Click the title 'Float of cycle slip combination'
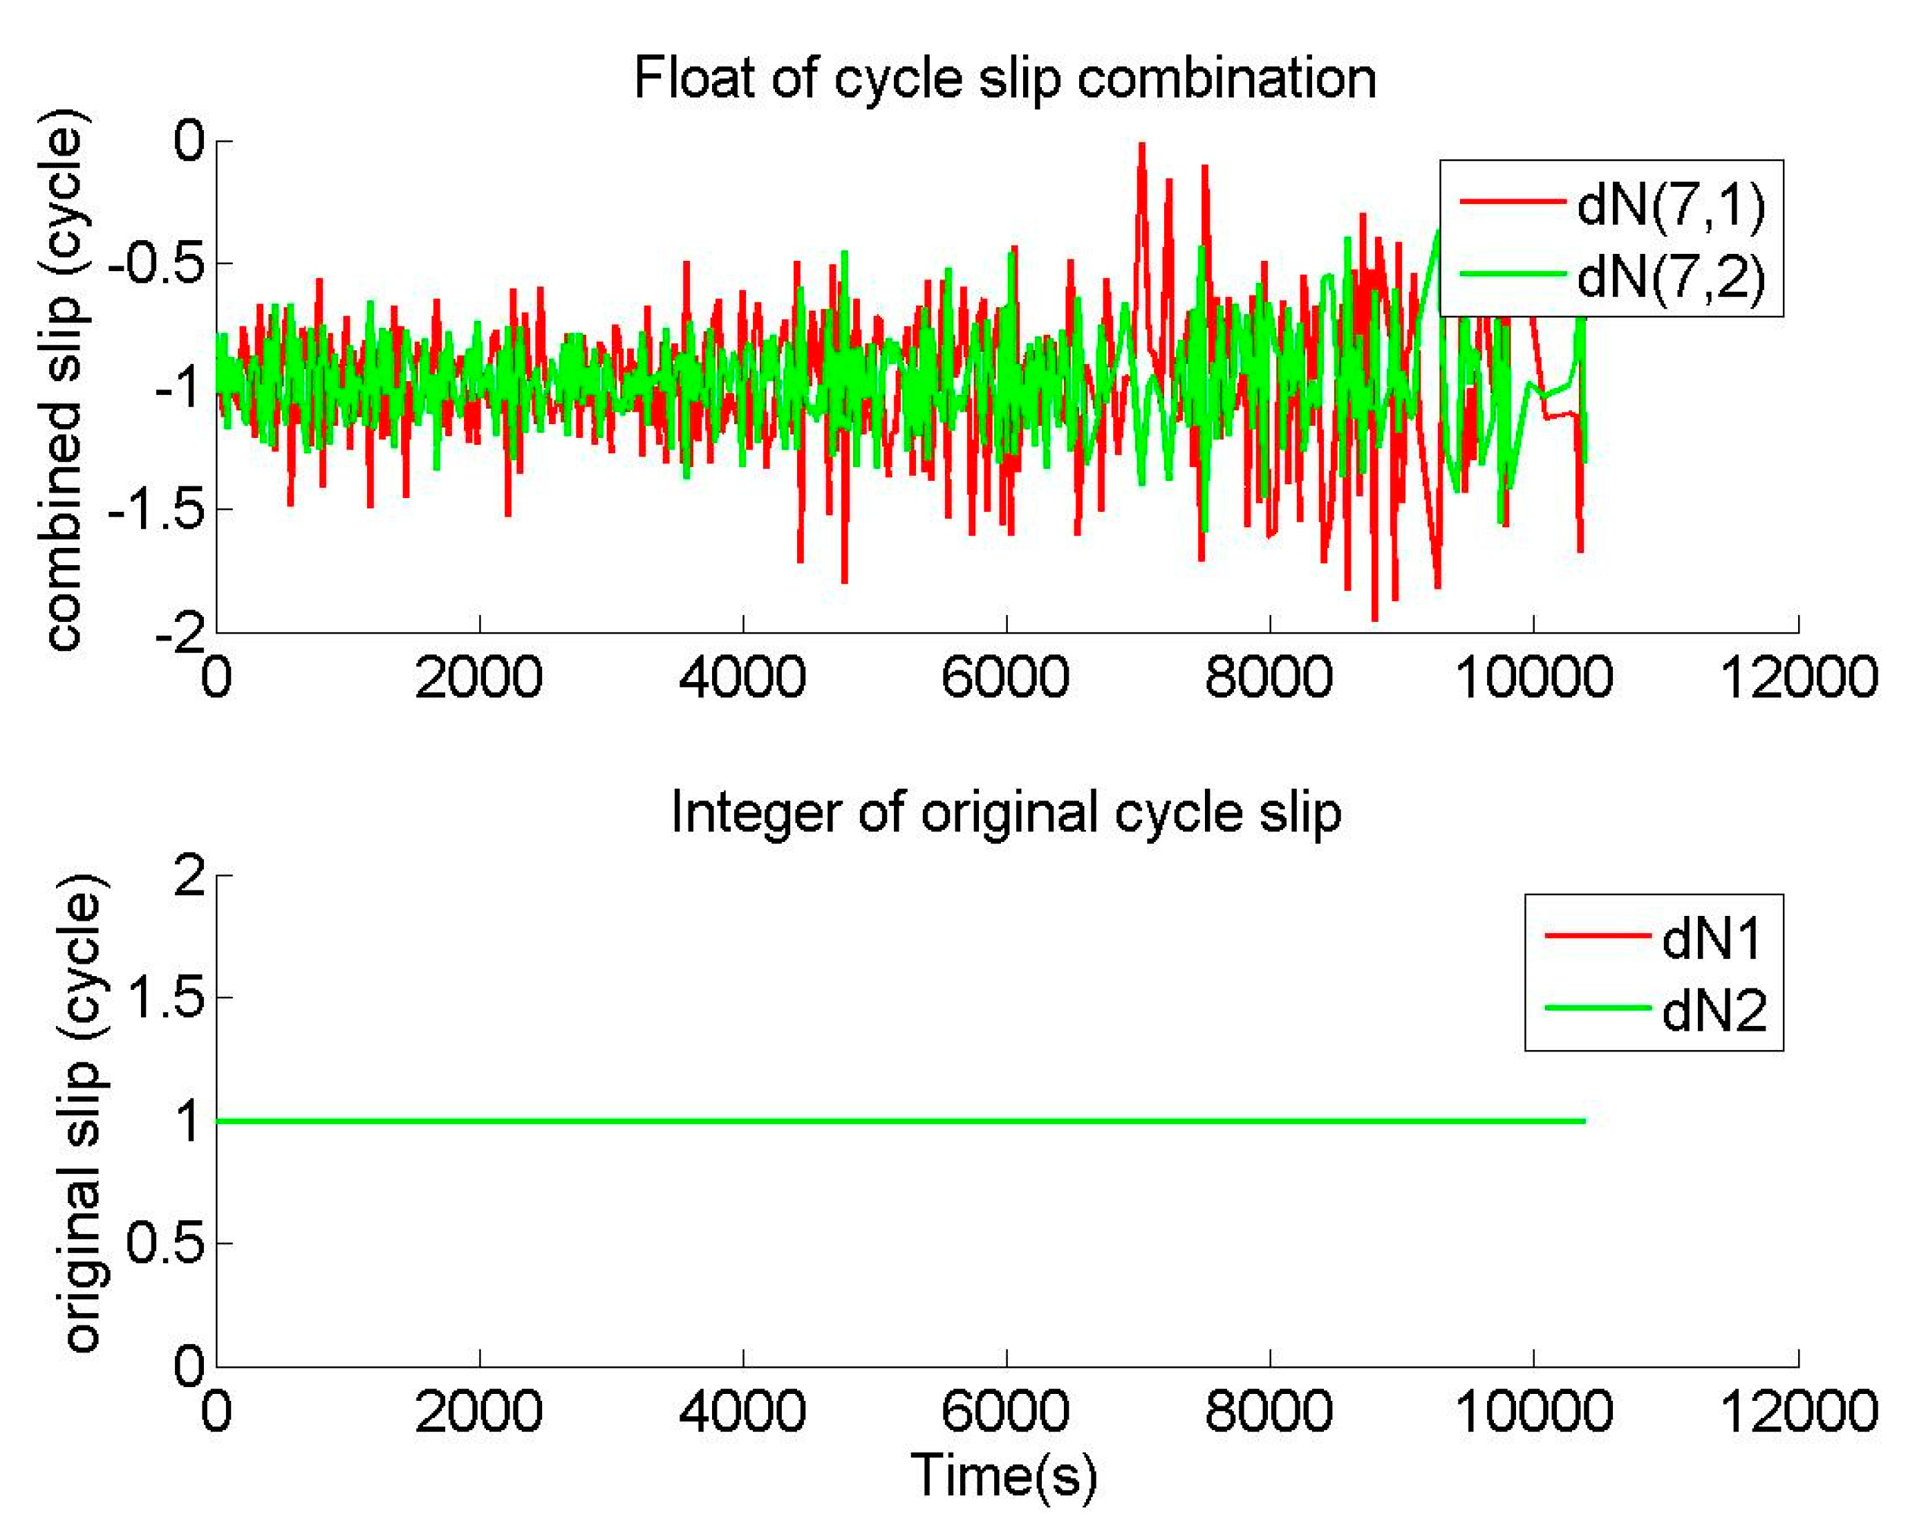[1004, 78]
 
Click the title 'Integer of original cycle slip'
[1004, 813]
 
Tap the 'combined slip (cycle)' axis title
[64, 380]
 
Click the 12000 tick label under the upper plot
[1798, 677]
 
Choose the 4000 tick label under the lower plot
[742, 1411]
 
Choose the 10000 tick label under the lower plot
[1533, 1411]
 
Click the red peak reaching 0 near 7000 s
[1141, 145]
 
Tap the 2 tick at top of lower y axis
[189, 876]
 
